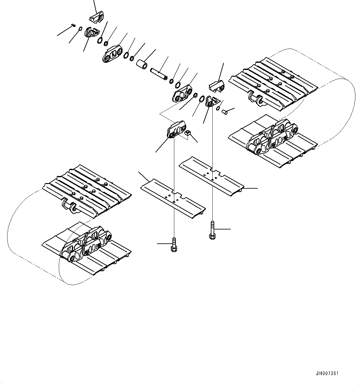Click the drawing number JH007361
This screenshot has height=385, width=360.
click(327, 373)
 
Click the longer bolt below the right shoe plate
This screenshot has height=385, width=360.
click(212, 230)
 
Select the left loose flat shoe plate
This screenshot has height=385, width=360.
click(172, 198)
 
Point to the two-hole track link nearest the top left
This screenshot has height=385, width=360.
click(112, 55)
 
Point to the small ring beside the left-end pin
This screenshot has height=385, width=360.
click(80, 29)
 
